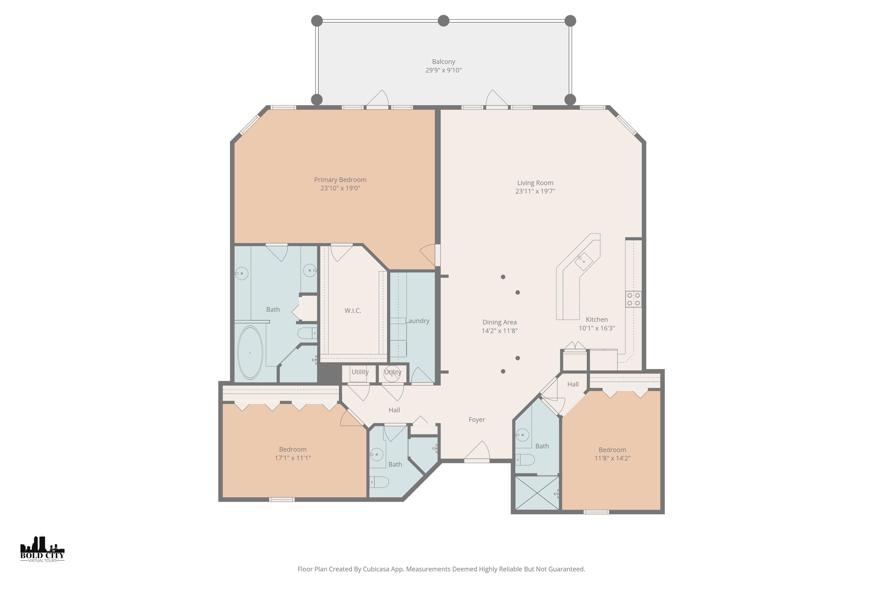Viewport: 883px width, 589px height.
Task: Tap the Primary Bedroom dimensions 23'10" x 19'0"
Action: [340, 188]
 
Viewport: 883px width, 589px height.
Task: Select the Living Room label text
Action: [535, 183]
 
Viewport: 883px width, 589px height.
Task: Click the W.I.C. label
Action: [353, 311]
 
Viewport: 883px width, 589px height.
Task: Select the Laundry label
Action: [417, 321]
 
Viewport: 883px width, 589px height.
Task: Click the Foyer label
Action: [477, 420]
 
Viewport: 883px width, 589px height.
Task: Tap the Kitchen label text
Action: [597, 320]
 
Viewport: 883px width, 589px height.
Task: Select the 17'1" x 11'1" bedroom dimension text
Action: [293, 458]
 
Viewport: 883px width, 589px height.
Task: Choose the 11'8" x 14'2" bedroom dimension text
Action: [612, 458]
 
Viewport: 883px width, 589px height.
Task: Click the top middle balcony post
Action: [443, 21]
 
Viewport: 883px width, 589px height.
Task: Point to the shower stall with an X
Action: [537, 493]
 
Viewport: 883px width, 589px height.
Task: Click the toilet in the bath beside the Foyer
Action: [525, 460]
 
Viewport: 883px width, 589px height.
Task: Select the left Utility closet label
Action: [360, 372]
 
